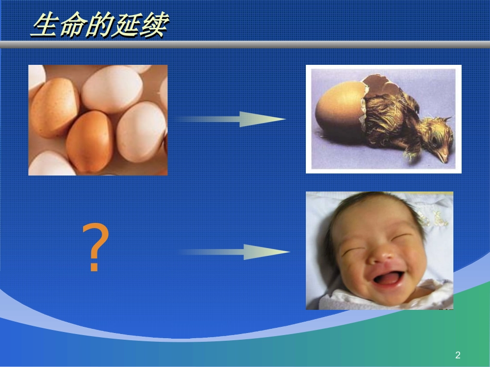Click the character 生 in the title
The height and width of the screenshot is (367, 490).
click(x=45, y=25)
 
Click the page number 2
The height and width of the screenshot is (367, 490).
click(x=458, y=355)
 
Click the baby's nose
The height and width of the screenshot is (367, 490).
click(x=381, y=255)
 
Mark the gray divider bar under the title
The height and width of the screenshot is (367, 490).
click(x=245, y=45)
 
